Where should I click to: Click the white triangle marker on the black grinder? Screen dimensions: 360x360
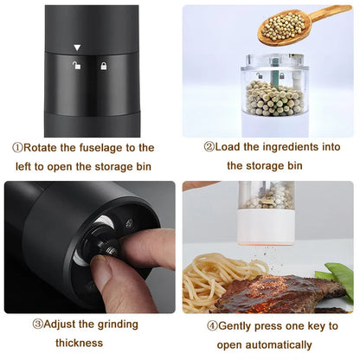click(77, 48)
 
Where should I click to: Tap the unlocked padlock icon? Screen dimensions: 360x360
click(77, 66)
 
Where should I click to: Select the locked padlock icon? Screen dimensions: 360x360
click(103, 66)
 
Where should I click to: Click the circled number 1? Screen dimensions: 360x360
click(16, 148)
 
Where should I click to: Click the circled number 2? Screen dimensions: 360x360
click(209, 147)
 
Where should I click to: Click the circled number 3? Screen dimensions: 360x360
click(38, 325)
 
